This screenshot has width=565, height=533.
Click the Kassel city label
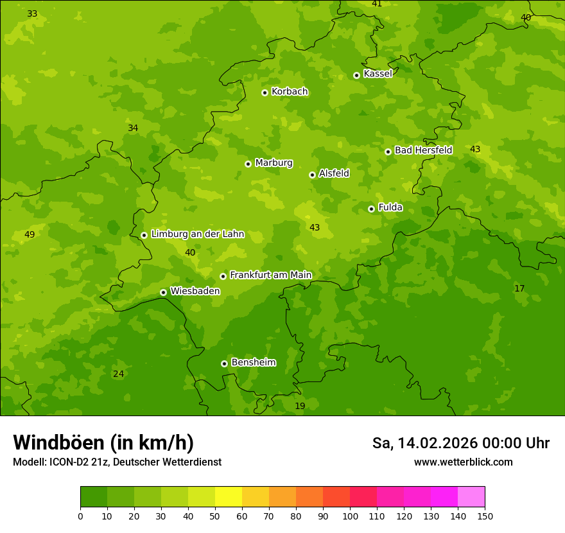click(x=378, y=74)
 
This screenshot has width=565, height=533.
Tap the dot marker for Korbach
click(x=265, y=92)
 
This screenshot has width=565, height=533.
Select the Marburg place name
click(x=274, y=163)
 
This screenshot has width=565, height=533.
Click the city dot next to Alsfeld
click(x=312, y=175)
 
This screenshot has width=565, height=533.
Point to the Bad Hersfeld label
click(x=423, y=150)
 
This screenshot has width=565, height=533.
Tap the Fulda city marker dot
click(x=371, y=209)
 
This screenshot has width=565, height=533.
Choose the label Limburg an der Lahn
click(x=198, y=234)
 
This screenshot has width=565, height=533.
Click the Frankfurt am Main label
click(x=270, y=275)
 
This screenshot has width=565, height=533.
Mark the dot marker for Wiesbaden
click(x=163, y=292)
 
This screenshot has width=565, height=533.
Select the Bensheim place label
click(x=253, y=362)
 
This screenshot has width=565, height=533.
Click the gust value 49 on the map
click(x=30, y=234)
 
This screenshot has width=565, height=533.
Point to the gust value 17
click(x=519, y=288)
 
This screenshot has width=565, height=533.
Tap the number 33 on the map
click(x=32, y=13)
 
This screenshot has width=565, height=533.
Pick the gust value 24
click(x=118, y=374)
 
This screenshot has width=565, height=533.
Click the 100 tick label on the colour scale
click(x=350, y=516)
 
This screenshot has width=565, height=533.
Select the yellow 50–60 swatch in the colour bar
click(x=229, y=497)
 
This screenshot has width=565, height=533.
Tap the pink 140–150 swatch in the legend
click(x=471, y=497)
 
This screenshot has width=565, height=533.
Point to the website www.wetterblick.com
click(x=463, y=462)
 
